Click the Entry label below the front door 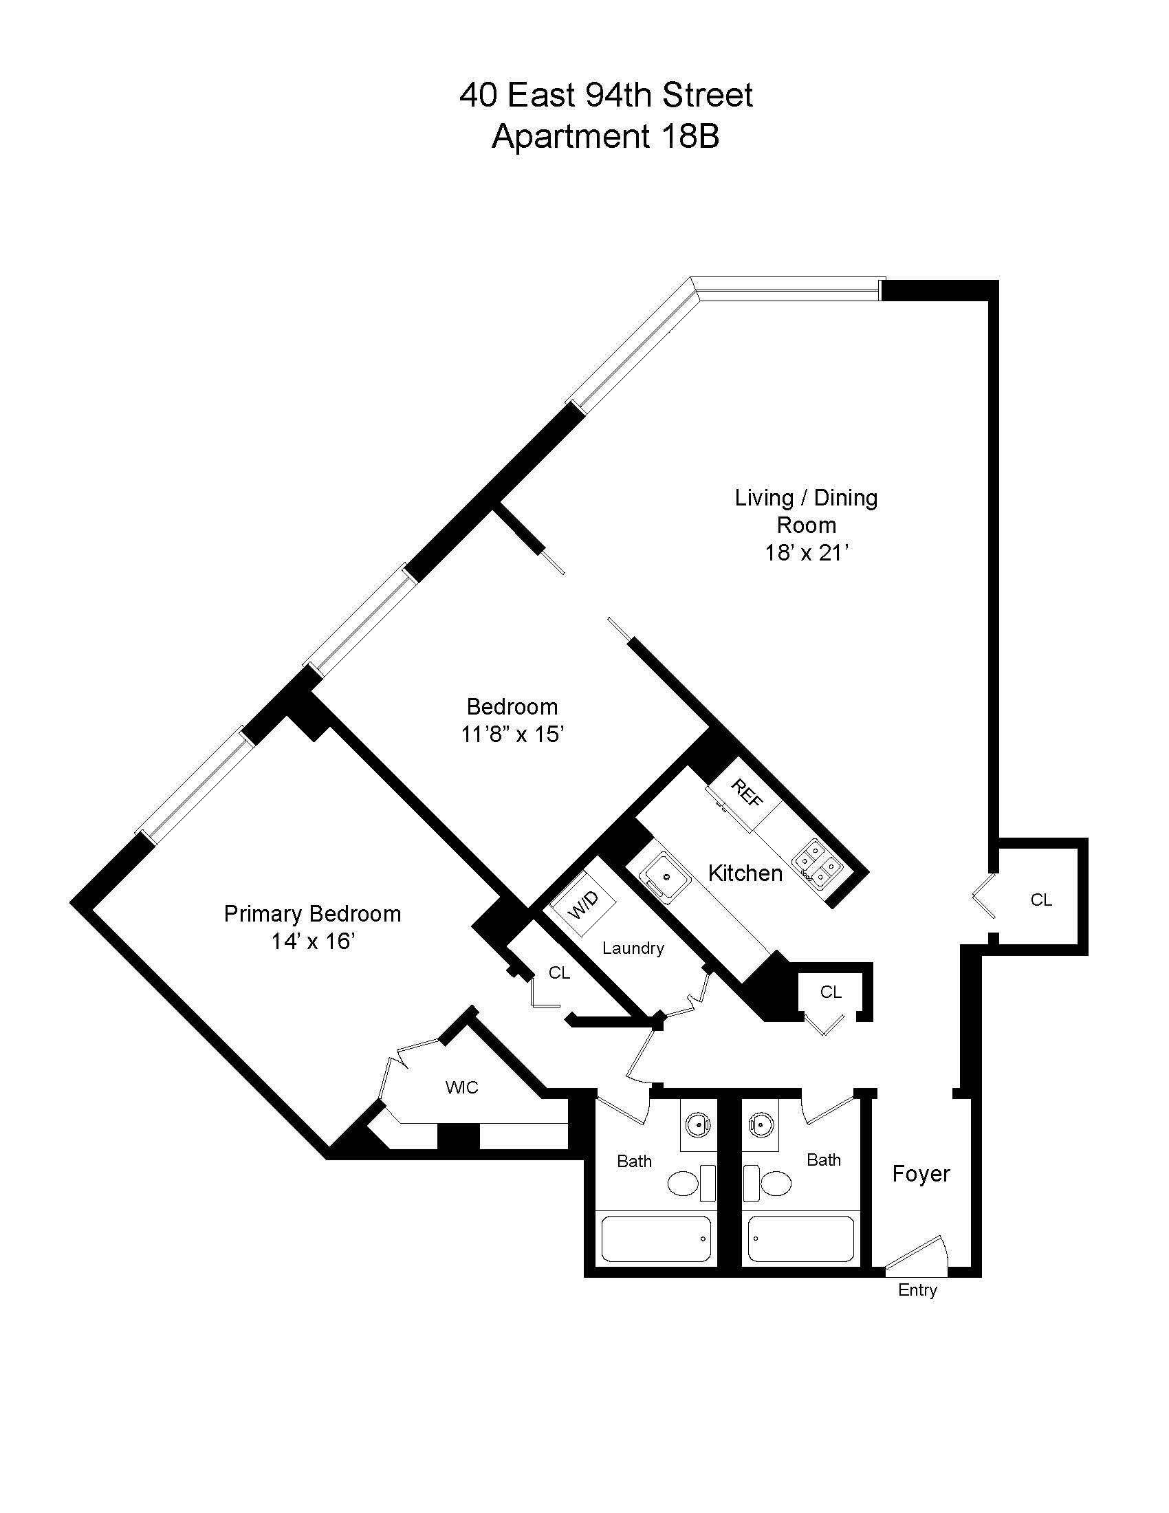(x=917, y=1290)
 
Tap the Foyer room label (x=920, y=1173)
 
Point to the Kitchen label (x=745, y=873)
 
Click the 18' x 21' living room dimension (x=806, y=553)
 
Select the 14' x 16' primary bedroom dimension (x=313, y=941)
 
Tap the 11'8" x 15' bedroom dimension (x=512, y=734)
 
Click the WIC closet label (x=462, y=1088)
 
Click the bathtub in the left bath (x=657, y=1239)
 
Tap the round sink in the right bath (x=761, y=1123)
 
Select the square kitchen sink (x=666, y=877)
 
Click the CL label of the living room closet (x=1041, y=900)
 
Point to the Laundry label (x=633, y=948)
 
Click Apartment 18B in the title (x=605, y=136)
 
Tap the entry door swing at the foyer (x=921, y=1252)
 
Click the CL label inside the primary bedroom (x=559, y=973)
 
